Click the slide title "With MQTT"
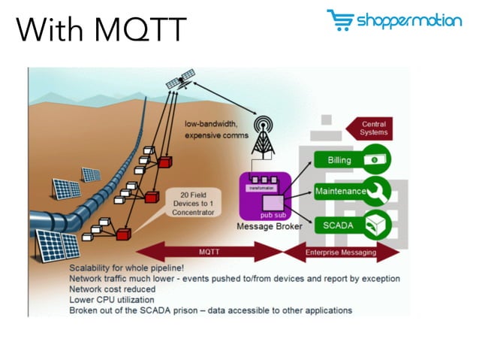click(101, 31)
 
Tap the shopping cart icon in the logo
click(339, 20)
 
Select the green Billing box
click(339, 161)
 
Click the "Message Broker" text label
click(269, 226)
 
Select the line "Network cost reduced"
click(113, 289)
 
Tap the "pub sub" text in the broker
click(272, 214)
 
